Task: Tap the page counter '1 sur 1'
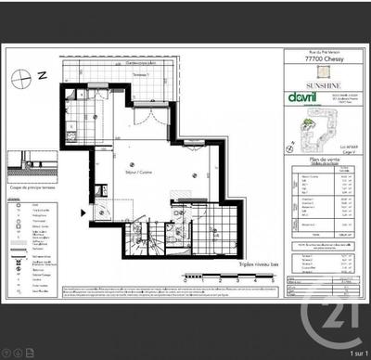click(352, 353)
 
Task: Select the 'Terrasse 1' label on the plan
click(138, 74)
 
